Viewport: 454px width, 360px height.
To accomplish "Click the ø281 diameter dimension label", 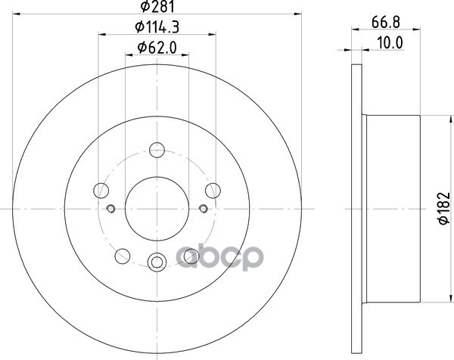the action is (157, 6).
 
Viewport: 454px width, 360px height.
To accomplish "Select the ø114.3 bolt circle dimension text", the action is (157, 27).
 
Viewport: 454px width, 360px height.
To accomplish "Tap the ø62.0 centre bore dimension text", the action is (157, 48).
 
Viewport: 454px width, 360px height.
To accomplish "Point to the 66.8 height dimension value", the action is (386, 22).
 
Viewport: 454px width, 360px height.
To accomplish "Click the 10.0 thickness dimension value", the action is (390, 43).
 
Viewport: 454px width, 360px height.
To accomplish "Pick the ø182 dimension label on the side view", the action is (444, 208).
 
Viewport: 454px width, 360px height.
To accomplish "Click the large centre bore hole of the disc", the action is (157, 209).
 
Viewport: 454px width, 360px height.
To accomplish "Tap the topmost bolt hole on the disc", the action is (157, 150).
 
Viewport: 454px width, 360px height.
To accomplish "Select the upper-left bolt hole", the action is (101, 191).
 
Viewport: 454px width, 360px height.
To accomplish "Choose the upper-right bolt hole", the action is (213, 191).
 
